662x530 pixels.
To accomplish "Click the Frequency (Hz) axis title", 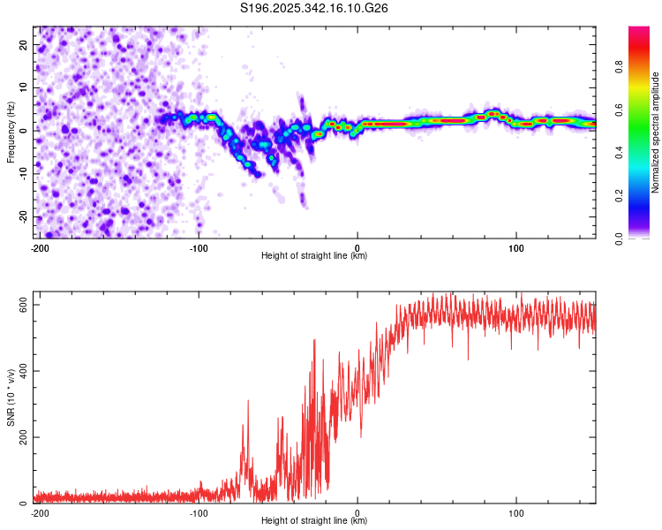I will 11,132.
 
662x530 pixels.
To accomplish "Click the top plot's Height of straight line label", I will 314,256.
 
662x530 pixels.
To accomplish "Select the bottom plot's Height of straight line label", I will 314,521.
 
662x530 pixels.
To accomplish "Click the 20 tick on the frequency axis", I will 23,44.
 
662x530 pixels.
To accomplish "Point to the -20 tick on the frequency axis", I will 21,216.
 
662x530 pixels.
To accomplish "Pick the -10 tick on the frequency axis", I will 21,174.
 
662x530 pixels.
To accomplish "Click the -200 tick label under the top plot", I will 39,247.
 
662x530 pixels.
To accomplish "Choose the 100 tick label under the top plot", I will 516,247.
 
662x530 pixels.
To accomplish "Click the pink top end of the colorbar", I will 639,32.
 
